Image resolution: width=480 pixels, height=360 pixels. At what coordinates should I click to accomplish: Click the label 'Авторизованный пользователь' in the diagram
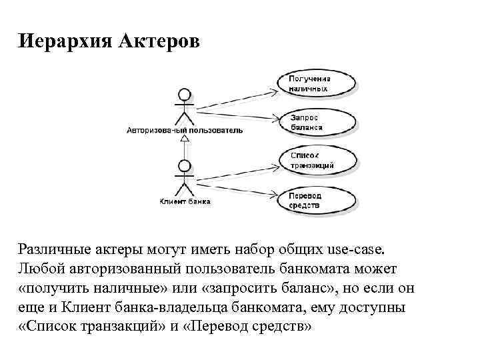click(185, 131)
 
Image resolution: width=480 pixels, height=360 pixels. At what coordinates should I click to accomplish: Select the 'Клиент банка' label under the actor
click(185, 201)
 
